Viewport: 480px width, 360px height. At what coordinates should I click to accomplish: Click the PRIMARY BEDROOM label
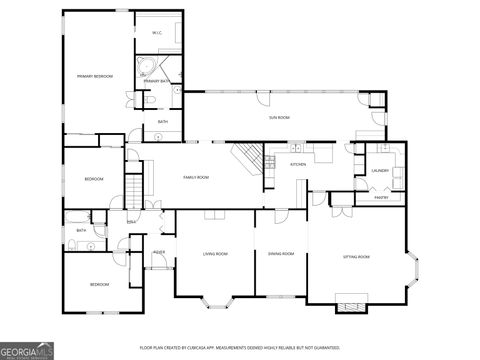pos(95,76)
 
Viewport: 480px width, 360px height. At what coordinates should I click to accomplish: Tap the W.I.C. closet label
pos(157,33)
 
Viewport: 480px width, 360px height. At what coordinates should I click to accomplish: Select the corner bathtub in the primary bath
pos(146,71)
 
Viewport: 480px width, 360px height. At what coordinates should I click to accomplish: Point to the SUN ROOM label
pos(279,118)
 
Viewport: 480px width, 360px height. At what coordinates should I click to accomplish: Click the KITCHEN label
pos(298,164)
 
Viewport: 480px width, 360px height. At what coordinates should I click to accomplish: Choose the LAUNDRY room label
pos(380,170)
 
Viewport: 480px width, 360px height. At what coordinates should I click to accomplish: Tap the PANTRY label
pos(381,197)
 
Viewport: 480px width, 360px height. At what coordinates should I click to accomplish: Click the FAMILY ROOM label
pos(195,177)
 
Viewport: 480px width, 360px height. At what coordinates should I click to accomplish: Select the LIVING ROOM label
pos(215,253)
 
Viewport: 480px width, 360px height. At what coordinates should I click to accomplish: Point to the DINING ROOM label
pos(281,253)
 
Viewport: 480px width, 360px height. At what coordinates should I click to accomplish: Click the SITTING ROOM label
pos(357,257)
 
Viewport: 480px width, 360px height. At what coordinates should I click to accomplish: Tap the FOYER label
pos(159,252)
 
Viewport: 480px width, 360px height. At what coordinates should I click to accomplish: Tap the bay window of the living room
pos(216,297)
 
